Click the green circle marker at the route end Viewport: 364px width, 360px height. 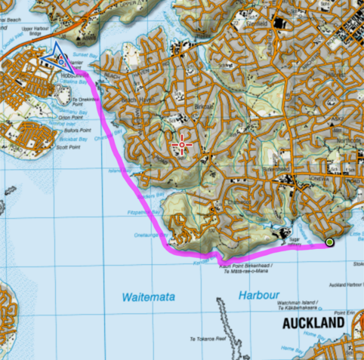(329, 242)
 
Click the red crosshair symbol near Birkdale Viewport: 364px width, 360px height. (181, 143)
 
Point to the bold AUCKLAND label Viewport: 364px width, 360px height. (314, 324)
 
